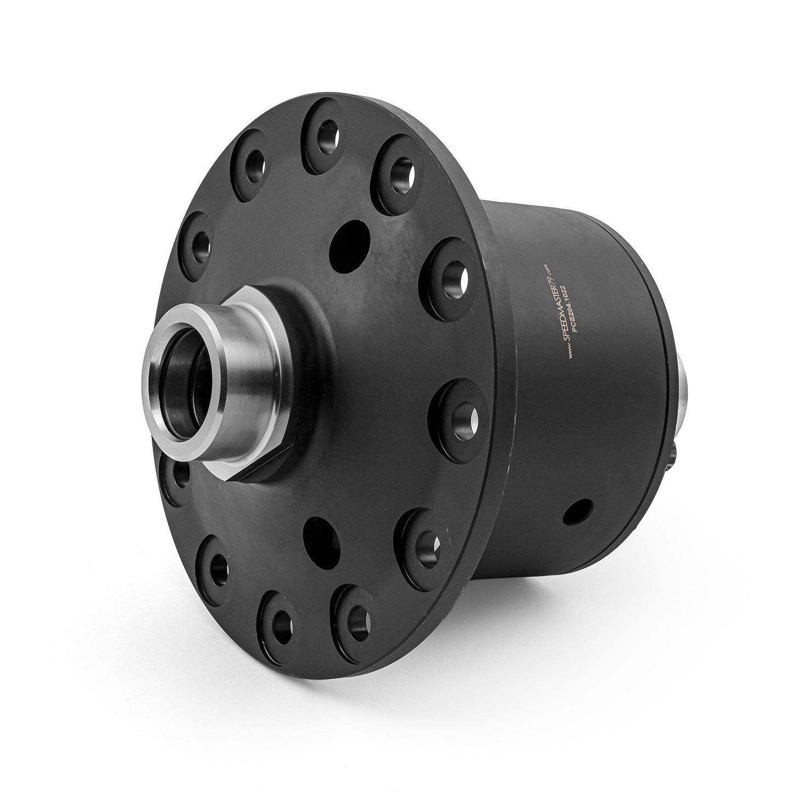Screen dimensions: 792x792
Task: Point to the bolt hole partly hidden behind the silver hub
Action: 178,477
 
